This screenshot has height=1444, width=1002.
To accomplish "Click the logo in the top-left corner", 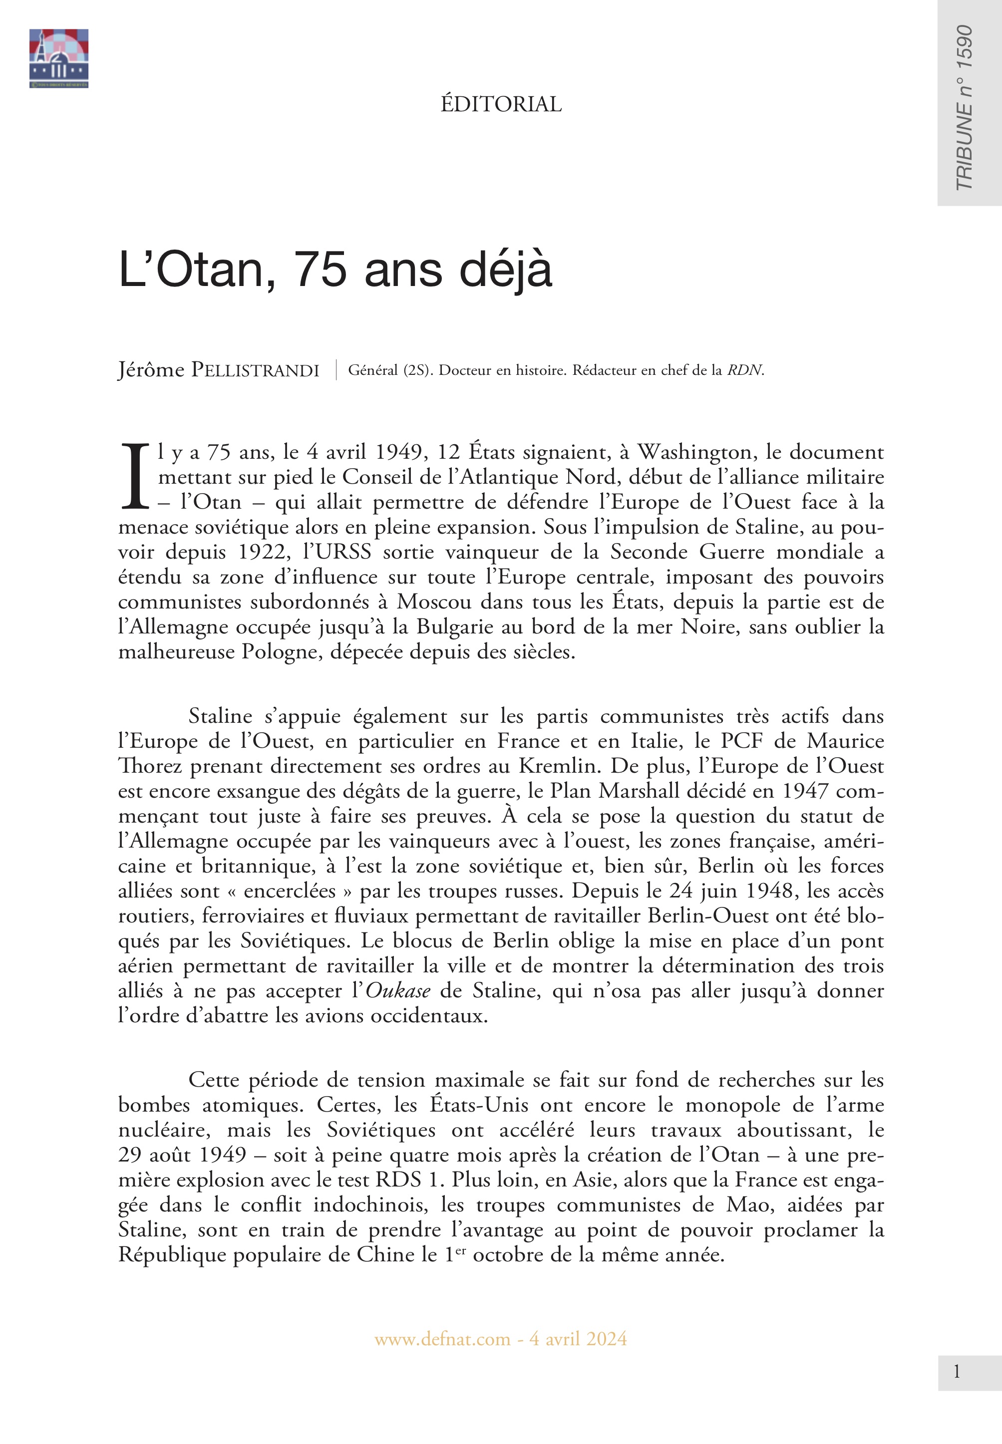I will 58,58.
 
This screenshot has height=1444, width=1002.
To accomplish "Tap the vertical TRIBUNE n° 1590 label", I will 964,107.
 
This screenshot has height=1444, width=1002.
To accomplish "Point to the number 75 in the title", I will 320,270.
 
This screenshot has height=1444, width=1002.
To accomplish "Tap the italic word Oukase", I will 398,991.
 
